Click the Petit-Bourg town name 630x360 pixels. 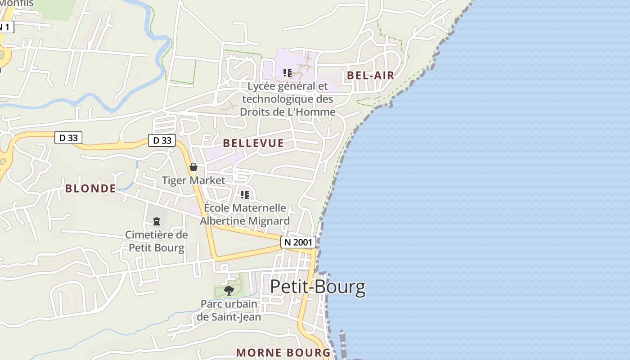(318, 287)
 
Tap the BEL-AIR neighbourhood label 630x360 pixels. (370, 75)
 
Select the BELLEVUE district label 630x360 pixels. (253, 143)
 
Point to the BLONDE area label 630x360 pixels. (90, 188)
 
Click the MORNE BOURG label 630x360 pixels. (283, 352)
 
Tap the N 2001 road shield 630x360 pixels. (298, 242)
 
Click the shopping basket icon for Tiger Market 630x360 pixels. (193, 167)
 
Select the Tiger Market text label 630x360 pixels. (193, 180)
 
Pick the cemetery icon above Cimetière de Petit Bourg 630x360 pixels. (157, 221)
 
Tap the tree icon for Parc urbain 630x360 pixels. (229, 290)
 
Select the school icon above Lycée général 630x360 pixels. (288, 72)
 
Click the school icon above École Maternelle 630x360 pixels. (245, 195)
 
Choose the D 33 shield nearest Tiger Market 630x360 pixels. (162, 140)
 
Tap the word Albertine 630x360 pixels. (221, 221)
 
